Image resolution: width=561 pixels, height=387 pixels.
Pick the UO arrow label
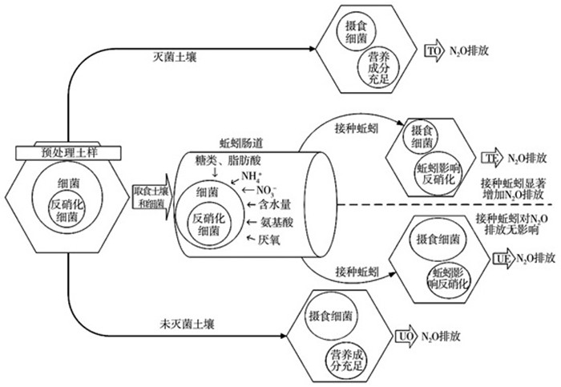pyautogui.click(x=406, y=337)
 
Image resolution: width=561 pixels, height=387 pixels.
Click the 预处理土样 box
pyautogui.click(x=68, y=151)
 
